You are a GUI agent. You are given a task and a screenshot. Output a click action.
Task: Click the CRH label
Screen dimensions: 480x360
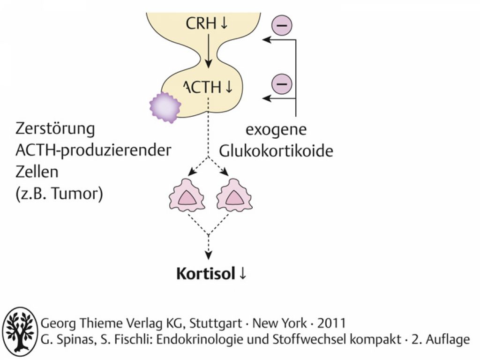[x=201, y=23]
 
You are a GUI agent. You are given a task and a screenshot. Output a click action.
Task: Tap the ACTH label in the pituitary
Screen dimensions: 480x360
[x=202, y=87]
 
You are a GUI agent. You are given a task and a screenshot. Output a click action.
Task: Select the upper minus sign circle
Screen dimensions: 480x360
[x=282, y=25]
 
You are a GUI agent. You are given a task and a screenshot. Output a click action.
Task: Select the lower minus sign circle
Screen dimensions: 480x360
[x=282, y=83]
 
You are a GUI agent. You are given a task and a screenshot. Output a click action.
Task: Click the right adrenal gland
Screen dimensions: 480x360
[x=234, y=195]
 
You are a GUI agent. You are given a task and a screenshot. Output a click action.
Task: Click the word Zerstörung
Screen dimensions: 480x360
[x=55, y=129]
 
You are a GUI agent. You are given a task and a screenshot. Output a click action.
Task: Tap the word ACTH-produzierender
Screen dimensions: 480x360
[x=93, y=150]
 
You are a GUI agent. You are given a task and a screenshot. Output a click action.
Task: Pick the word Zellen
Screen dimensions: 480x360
[x=37, y=172]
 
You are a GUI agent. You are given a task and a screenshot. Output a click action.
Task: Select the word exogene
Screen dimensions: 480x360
[x=276, y=130]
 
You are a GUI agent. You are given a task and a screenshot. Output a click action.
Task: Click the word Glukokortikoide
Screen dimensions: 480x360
[x=276, y=150]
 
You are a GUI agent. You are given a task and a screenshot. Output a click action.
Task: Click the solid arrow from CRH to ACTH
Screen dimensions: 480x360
[x=208, y=51]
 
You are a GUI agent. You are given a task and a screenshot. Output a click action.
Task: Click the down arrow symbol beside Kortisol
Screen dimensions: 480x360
[x=242, y=273]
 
